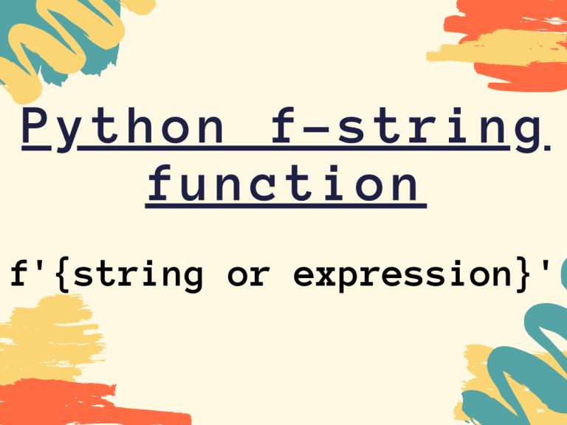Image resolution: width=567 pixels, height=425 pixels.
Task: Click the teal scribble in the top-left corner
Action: click(x=88, y=30)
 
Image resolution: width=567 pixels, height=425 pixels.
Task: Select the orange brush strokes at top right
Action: click(x=509, y=22)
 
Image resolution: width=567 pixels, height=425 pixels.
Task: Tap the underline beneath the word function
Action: click(x=285, y=206)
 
